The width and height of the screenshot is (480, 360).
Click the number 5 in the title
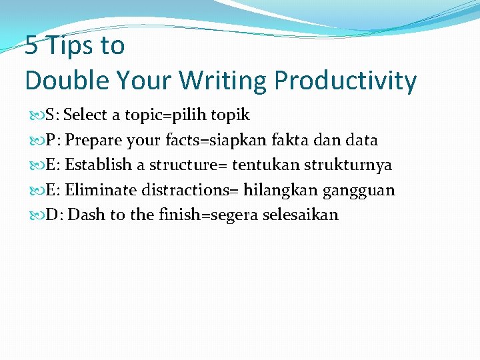[31, 46]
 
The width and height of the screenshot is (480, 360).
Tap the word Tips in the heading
[69, 46]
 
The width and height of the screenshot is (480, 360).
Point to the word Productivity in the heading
[345, 81]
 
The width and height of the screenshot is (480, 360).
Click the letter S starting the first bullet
[51, 115]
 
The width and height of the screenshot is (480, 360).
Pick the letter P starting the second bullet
[51, 141]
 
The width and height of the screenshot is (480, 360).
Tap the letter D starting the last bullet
[52, 215]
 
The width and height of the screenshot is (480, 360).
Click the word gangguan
[359, 191]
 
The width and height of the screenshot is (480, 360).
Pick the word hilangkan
[280, 191]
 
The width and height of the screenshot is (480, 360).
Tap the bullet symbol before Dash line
[39, 215]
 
